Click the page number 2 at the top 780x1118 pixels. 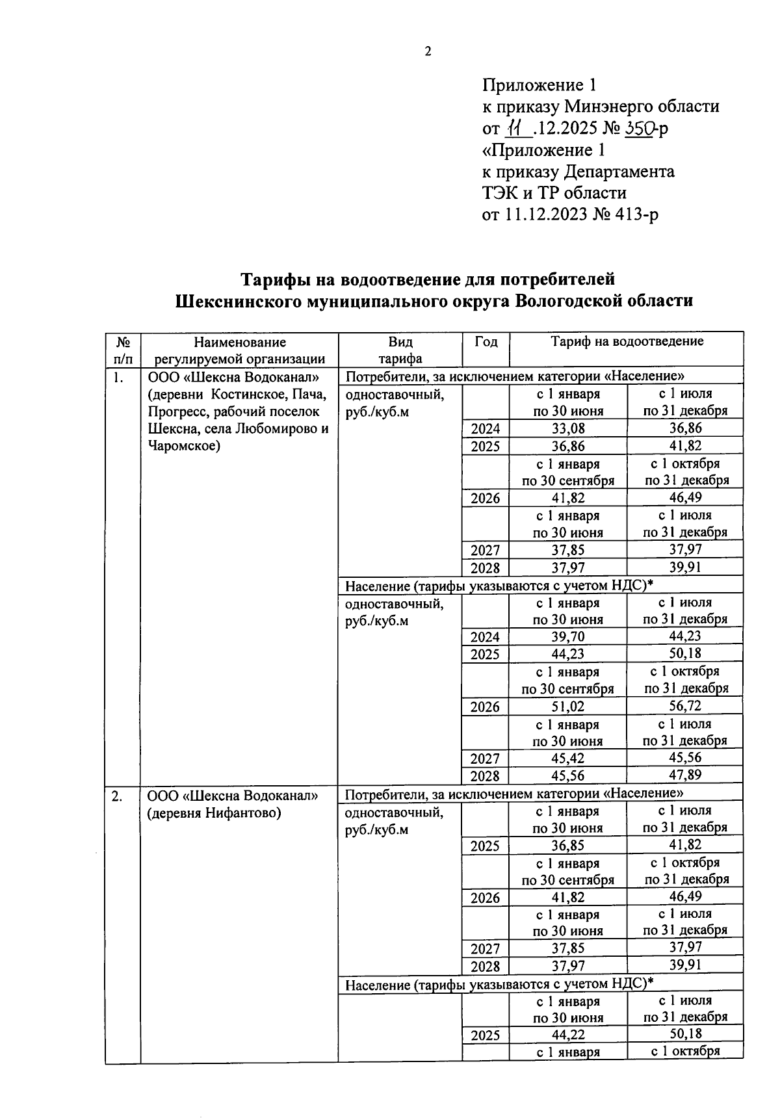point(428,53)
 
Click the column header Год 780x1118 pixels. point(486,342)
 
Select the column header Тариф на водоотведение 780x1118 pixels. point(627,341)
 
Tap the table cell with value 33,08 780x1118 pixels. point(568,428)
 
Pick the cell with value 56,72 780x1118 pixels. point(686,706)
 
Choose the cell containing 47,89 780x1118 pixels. point(686,775)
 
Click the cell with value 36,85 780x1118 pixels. point(568,846)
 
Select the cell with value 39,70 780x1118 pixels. point(568,637)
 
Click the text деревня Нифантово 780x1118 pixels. point(214,812)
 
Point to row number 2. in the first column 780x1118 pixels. point(117,796)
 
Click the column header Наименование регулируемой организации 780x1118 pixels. point(239,350)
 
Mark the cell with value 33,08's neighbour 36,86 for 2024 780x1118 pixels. point(686,428)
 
